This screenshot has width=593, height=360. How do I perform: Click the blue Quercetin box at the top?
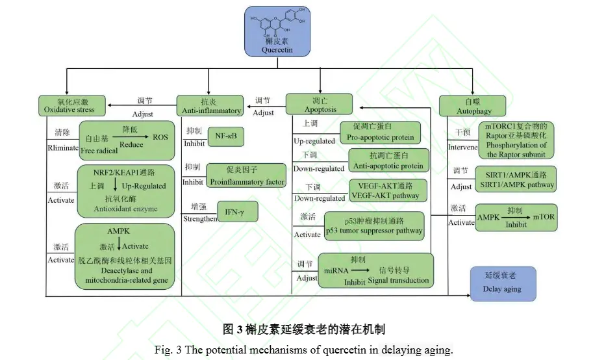(277, 31)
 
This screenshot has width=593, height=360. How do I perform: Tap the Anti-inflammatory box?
(209, 106)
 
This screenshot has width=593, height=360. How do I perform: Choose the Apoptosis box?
(320, 105)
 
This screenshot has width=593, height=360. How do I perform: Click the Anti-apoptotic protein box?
(386, 161)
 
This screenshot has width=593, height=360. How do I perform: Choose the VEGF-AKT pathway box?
(387, 190)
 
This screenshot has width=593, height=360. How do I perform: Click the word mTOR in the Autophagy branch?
(544, 217)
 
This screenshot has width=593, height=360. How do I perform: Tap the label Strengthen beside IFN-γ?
(199, 219)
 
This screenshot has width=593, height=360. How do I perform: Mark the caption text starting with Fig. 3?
(303, 350)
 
